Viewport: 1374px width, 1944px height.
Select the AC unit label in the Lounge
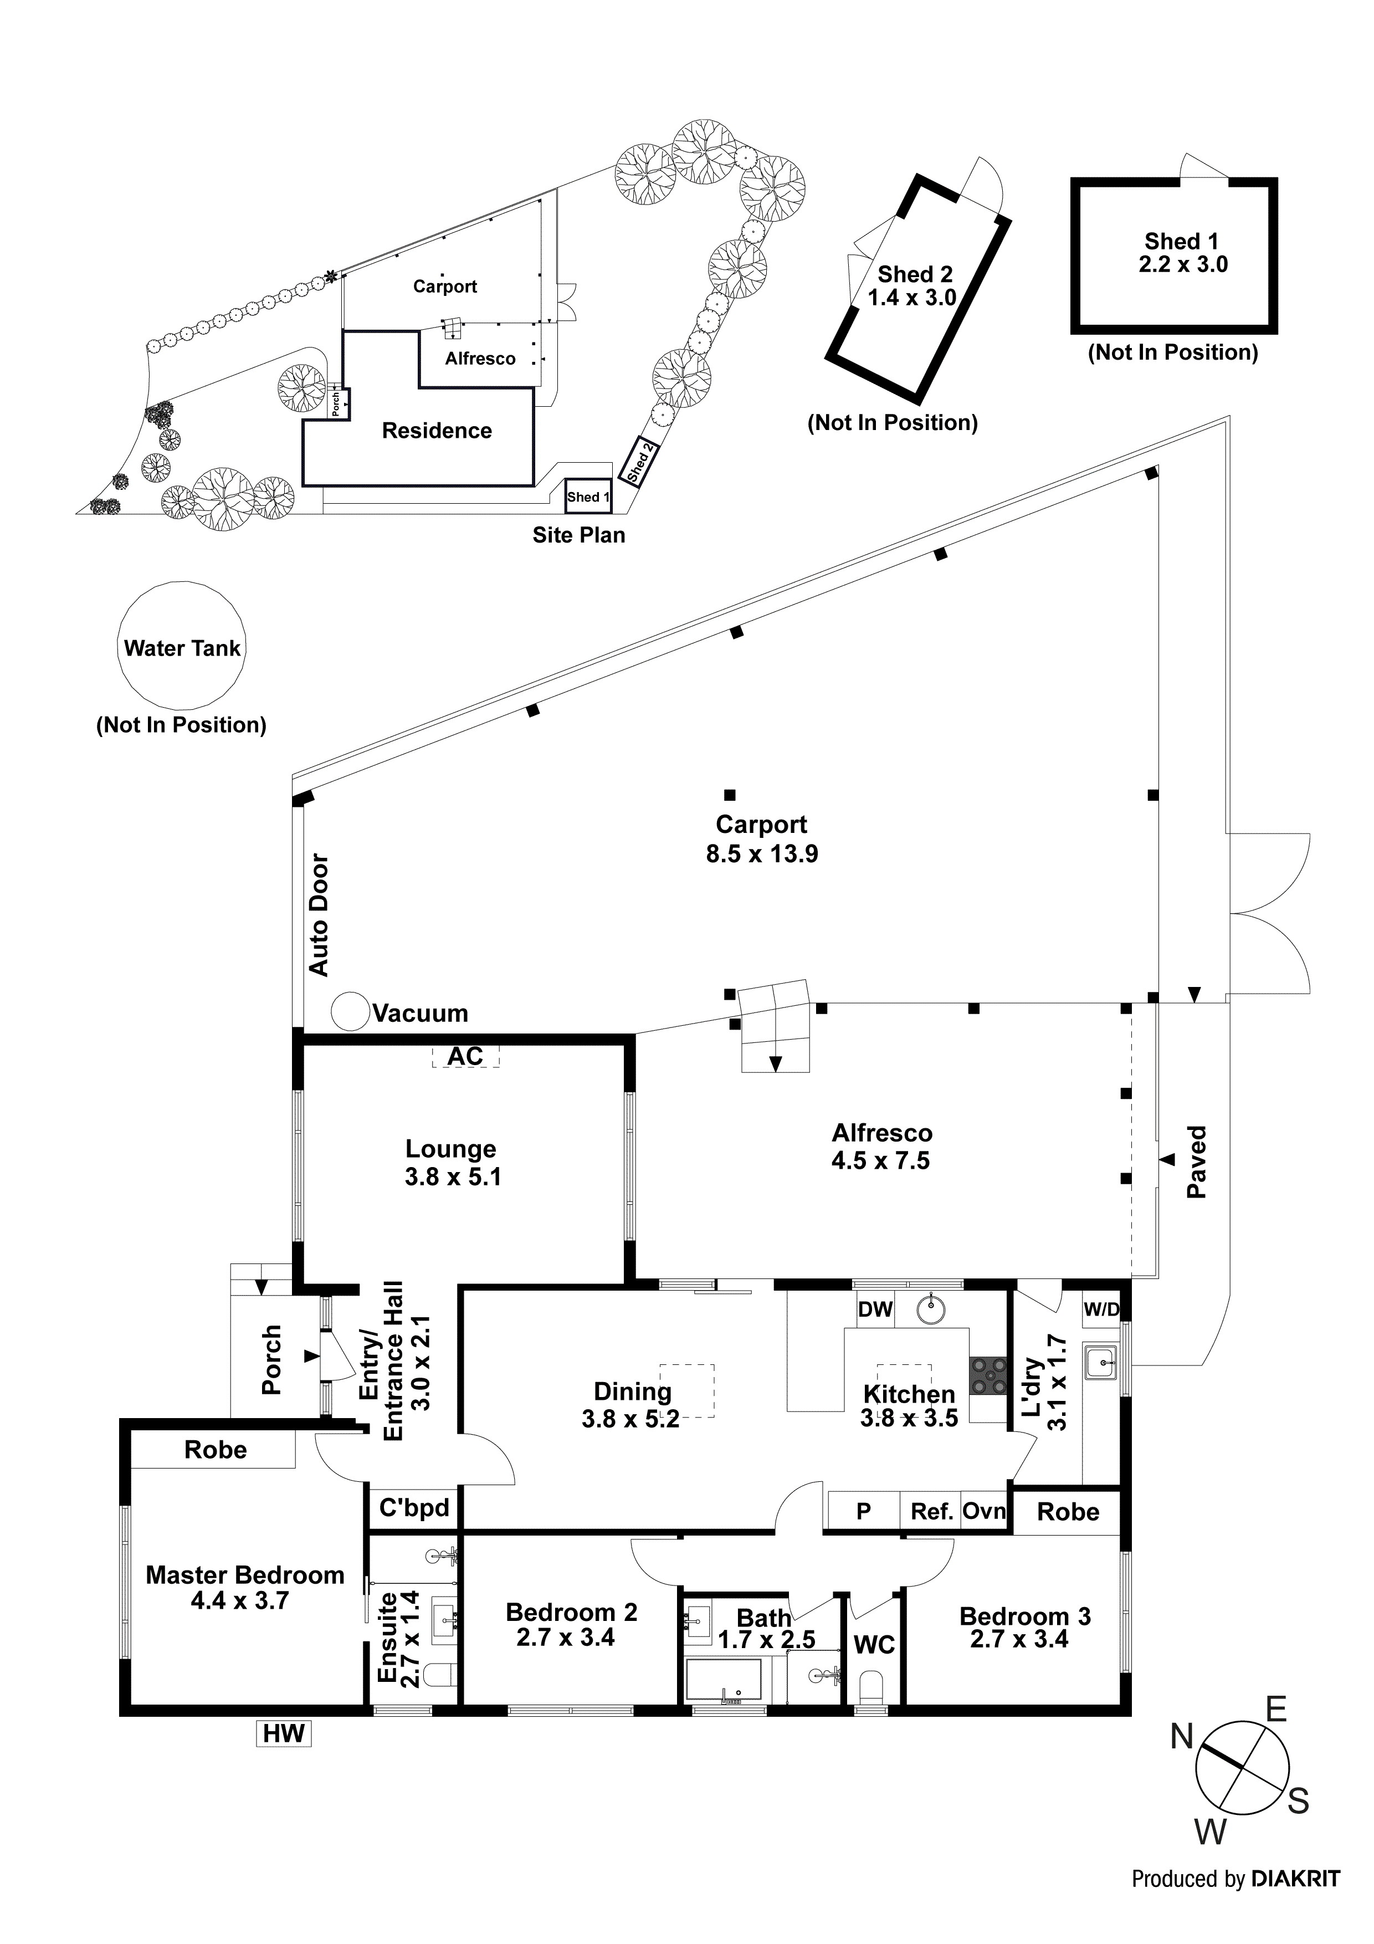click(x=465, y=1057)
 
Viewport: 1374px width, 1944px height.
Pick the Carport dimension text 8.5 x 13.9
click(x=762, y=853)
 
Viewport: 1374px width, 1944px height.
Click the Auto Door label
click(x=319, y=914)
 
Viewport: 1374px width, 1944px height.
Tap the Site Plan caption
click(x=578, y=535)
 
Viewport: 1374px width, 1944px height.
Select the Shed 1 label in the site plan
click(x=587, y=497)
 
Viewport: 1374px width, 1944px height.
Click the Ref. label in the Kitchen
click(x=931, y=1511)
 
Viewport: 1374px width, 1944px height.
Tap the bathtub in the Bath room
click(x=724, y=1680)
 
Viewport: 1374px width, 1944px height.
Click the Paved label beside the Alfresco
click(x=1196, y=1162)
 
